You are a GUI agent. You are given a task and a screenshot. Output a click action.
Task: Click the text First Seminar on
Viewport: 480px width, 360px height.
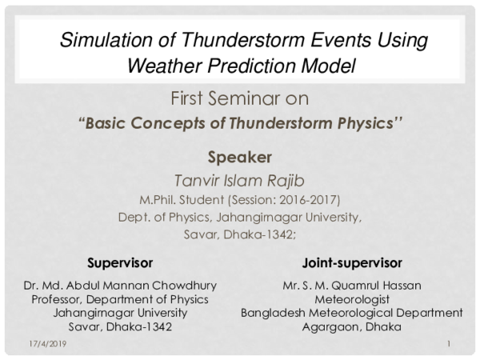click(240, 100)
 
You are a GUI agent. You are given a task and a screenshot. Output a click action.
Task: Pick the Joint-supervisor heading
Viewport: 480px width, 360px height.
click(352, 262)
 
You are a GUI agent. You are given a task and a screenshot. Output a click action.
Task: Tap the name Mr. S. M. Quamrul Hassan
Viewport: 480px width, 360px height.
click(352, 286)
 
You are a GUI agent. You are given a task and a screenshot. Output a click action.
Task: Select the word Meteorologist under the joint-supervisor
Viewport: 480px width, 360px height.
click(352, 299)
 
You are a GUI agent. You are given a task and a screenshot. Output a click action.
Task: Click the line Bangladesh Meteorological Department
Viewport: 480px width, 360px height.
click(352, 313)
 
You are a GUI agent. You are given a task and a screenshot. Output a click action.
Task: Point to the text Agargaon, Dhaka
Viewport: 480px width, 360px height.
click(352, 326)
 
